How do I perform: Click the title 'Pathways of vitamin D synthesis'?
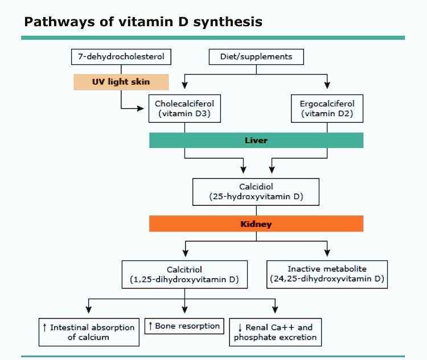point(143,22)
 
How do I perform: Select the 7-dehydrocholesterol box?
point(121,57)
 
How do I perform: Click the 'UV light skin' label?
point(121,82)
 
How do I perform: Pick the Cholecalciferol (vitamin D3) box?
point(184,108)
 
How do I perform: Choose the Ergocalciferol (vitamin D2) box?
point(327,108)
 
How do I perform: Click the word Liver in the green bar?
point(256,140)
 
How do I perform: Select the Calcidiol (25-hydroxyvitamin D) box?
point(256,192)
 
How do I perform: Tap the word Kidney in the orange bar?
point(256,224)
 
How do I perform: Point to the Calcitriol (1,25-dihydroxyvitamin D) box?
point(184,274)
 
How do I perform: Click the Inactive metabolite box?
point(327,274)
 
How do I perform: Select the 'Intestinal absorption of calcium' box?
point(89,332)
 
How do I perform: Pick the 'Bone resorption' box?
point(184,326)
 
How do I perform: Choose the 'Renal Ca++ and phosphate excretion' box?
point(276,332)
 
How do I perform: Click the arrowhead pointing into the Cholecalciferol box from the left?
point(143,108)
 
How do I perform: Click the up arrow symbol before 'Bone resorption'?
point(151,326)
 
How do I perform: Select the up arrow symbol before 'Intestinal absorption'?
point(44,328)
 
